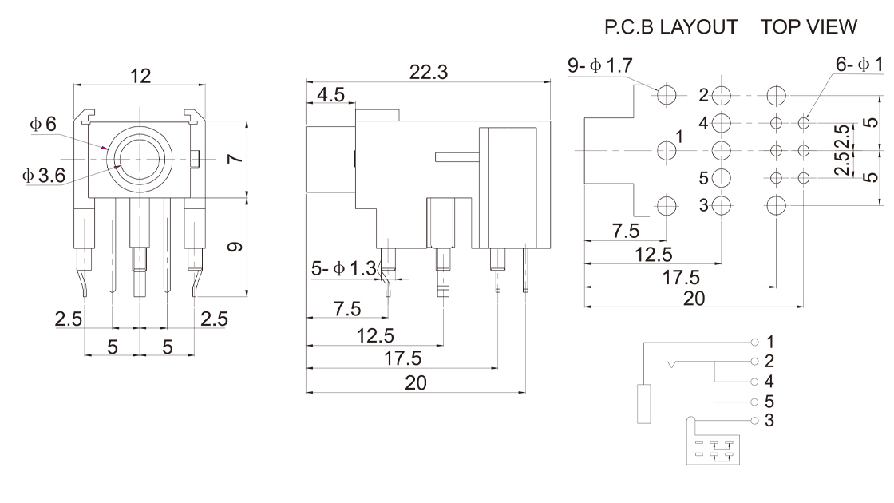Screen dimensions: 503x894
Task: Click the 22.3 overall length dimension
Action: [x=429, y=72]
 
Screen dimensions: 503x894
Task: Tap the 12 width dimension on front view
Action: [x=140, y=76]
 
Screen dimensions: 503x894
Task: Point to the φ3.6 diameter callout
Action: [x=45, y=175]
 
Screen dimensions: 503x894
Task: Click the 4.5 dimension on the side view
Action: [x=330, y=96]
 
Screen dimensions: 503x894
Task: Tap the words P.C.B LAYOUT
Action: [x=670, y=27]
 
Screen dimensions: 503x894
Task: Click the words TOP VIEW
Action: [x=809, y=27]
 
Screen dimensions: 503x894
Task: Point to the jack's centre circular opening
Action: [x=140, y=158]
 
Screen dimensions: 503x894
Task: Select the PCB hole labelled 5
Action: [x=722, y=177]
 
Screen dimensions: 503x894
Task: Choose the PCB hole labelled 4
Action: [x=722, y=123]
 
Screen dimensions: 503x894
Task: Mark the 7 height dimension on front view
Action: [x=234, y=157]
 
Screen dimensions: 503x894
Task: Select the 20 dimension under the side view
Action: [x=416, y=382]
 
